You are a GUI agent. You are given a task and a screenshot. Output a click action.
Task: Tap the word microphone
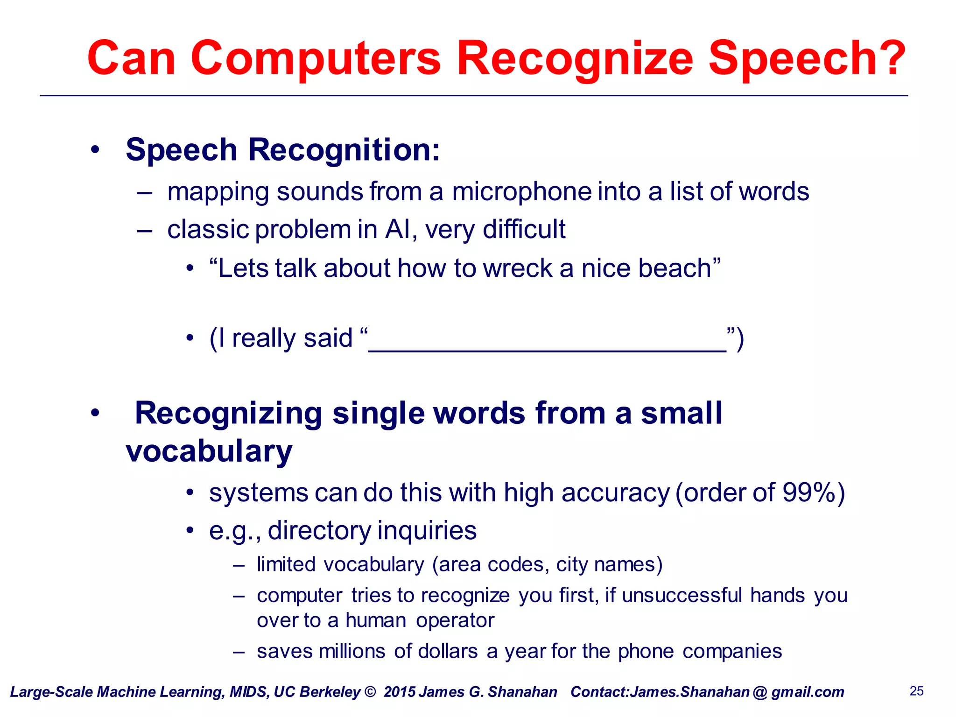(521, 192)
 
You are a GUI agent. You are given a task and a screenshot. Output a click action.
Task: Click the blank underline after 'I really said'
(547, 348)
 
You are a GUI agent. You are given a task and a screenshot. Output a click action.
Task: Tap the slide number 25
(916, 691)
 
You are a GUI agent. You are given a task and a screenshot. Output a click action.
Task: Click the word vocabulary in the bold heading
(209, 451)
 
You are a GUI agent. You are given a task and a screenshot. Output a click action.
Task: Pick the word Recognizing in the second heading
(228, 414)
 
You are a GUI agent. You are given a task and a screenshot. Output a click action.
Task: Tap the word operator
(455, 620)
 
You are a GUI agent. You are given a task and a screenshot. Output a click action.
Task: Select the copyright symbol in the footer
(370, 692)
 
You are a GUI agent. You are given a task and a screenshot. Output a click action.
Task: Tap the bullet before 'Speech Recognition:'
(95, 150)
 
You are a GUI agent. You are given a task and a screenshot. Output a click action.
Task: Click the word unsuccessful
(682, 596)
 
